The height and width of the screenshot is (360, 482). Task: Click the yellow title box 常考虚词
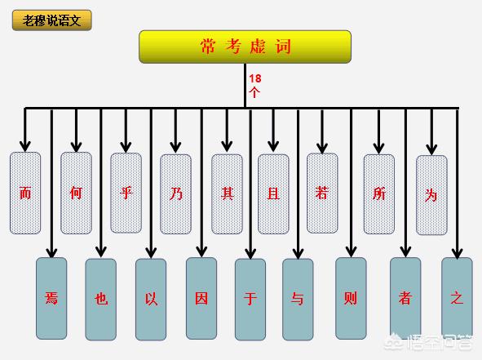tap(245, 47)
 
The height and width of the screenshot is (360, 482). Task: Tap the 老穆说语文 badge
tap(52, 20)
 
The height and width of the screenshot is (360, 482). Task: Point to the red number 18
tap(255, 78)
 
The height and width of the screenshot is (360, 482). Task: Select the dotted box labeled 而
tap(25, 193)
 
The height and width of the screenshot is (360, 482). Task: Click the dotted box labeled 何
tap(76, 193)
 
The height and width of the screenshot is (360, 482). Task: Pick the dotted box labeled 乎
tap(126, 193)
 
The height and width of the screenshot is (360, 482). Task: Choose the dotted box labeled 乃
tap(176, 193)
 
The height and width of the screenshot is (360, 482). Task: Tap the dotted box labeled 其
tap(227, 193)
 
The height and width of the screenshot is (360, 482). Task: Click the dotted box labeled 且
tap(273, 193)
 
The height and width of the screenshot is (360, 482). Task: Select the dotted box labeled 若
tap(322, 193)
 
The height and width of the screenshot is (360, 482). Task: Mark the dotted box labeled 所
tap(378, 193)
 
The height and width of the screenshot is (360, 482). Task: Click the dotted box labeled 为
tap(431, 195)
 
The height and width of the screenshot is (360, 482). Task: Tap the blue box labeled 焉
tap(51, 299)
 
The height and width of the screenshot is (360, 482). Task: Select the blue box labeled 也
tap(101, 300)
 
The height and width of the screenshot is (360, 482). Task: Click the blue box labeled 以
tap(151, 300)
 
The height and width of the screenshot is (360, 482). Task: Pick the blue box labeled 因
tap(201, 299)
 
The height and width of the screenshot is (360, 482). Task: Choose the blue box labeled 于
tap(250, 300)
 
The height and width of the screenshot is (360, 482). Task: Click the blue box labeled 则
tap(351, 299)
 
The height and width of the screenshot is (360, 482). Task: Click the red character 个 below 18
tap(254, 92)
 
